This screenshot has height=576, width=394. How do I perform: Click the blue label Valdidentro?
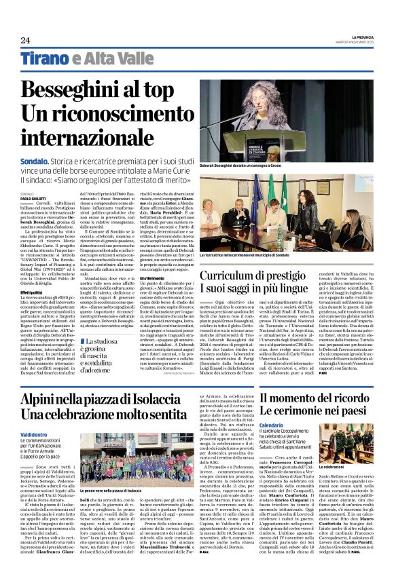34,432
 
